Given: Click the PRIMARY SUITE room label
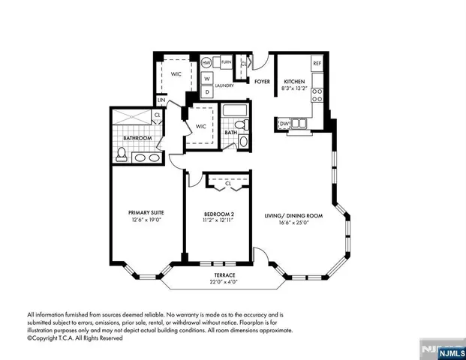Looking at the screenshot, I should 146,213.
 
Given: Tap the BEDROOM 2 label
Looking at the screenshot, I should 218,214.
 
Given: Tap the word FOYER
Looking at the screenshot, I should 262,82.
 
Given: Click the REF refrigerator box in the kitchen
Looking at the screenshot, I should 317,64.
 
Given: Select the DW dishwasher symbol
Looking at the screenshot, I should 285,124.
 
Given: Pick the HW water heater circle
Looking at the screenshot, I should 206,64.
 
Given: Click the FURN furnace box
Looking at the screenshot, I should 225,64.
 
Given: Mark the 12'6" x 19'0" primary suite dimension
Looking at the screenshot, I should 146,220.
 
